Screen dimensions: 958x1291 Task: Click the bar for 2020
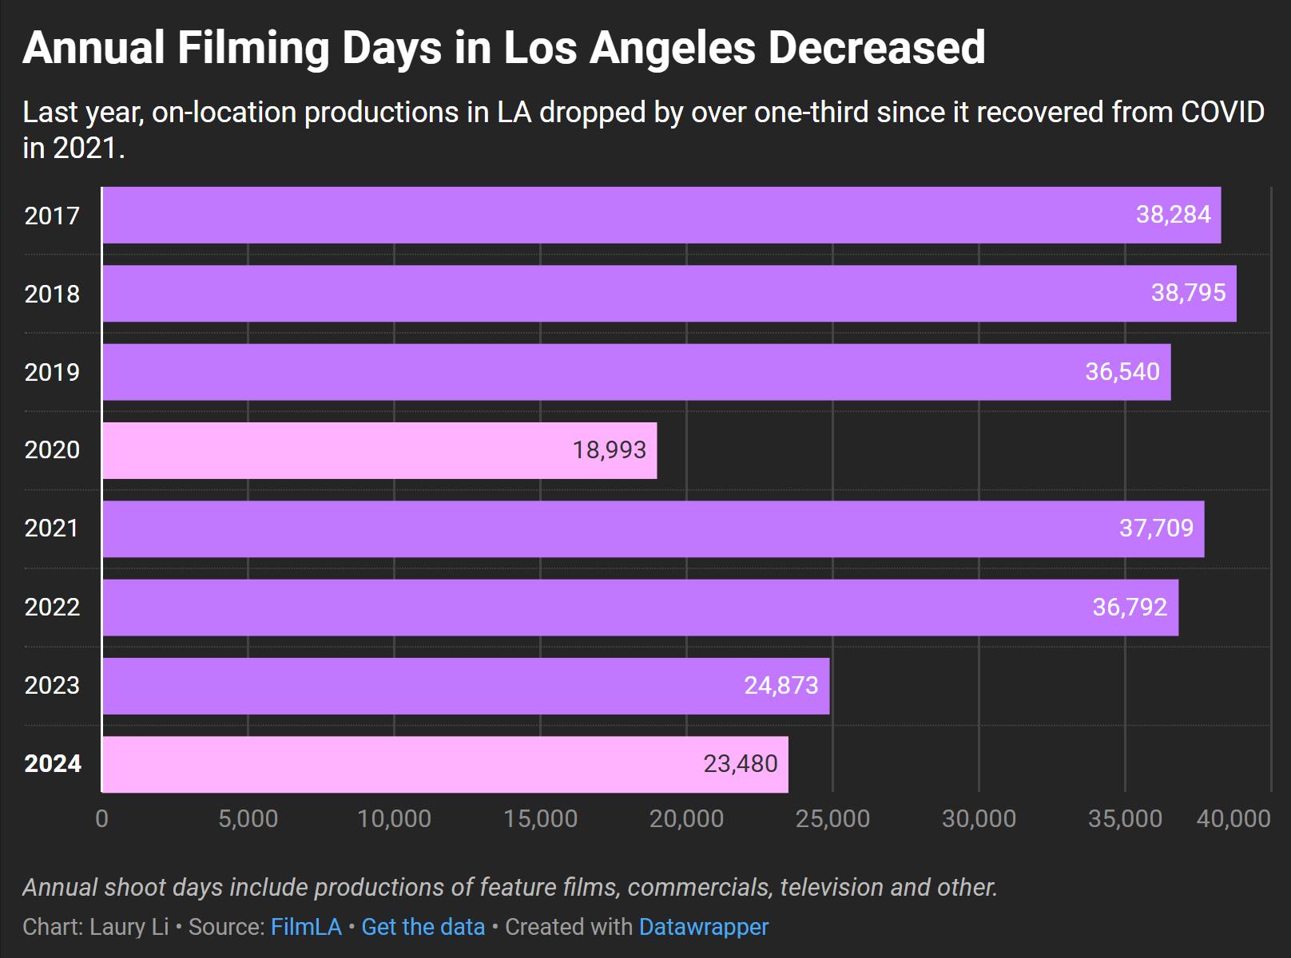click(x=379, y=450)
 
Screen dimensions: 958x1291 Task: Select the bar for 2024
click(x=445, y=764)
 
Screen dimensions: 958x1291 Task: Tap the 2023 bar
click(x=466, y=686)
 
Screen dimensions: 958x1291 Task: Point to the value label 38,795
click(x=1188, y=293)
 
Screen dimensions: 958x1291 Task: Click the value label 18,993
click(x=609, y=450)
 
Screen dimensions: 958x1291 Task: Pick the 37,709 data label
click(x=1156, y=528)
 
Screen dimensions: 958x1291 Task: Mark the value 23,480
click(x=740, y=764)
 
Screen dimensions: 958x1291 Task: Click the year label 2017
click(x=52, y=216)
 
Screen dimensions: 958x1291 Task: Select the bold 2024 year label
click(x=53, y=764)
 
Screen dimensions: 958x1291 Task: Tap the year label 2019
click(x=52, y=372)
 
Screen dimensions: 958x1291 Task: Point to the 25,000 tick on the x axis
click(x=832, y=818)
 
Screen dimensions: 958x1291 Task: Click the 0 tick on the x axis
click(x=101, y=818)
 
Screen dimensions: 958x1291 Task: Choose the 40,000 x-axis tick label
click(x=1233, y=818)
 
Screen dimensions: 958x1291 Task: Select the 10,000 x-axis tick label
click(x=394, y=818)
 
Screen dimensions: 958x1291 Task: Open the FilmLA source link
click(x=306, y=927)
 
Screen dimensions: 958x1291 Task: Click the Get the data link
click(x=423, y=927)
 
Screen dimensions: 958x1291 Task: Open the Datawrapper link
click(x=703, y=927)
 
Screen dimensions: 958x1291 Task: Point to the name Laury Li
click(x=129, y=927)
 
